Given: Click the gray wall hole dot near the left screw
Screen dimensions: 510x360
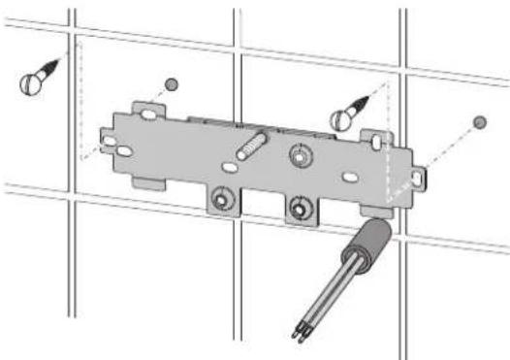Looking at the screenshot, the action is coord(172,83).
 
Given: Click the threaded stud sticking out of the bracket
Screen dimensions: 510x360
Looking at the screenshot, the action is coord(251,147).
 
